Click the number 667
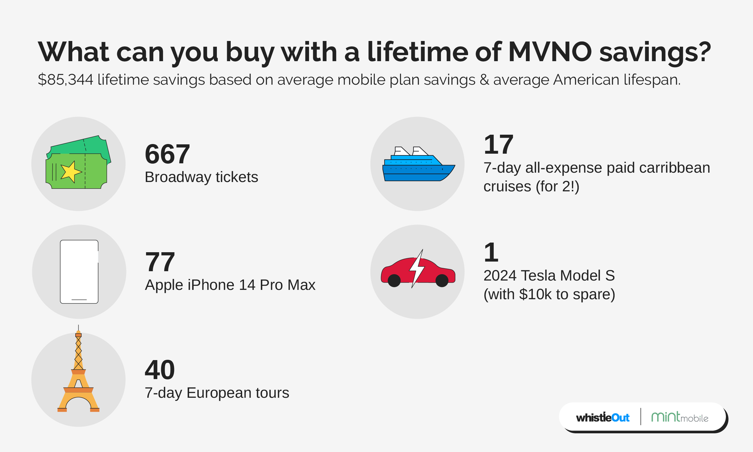pyautogui.click(x=167, y=154)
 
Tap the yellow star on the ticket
pyautogui.click(x=70, y=172)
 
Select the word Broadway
pyautogui.click(x=178, y=177)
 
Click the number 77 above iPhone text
pyautogui.click(x=160, y=262)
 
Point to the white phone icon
pyautogui.click(x=79, y=272)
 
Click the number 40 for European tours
pyautogui.click(x=160, y=370)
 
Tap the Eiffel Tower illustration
pyautogui.click(x=79, y=375)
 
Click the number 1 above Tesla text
pyautogui.click(x=491, y=253)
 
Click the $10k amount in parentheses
pyautogui.click(x=535, y=294)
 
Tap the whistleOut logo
pyautogui.click(x=602, y=418)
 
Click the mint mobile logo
pyautogui.click(x=679, y=417)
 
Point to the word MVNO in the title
pyautogui.click(x=550, y=52)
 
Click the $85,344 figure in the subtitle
pyautogui.click(x=65, y=80)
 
